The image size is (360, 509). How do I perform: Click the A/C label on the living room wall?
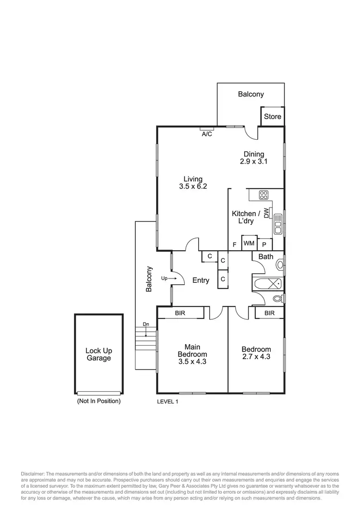click(x=207, y=134)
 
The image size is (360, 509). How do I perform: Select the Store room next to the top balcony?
click(x=272, y=117)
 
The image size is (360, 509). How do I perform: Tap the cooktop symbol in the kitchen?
click(x=264, y=194)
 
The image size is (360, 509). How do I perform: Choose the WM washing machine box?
click(x=249, y=244)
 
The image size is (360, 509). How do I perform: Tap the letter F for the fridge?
click(x=234, y=244)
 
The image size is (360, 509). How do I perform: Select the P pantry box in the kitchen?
click(x=264, y=244)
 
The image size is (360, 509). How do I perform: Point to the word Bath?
click(x=265, y=257)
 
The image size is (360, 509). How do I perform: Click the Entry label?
click(x=201, y=280)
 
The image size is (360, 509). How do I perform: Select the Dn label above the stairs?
click(x=146, y=324)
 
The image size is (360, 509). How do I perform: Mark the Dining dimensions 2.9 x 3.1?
click(x=253, y=162)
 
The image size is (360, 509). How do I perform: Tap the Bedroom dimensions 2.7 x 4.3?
click(x=256, y=357)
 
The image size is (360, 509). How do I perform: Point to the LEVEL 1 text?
click(x=168, y=401)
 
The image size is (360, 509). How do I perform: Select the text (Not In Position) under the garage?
click(x=98, y=401)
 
